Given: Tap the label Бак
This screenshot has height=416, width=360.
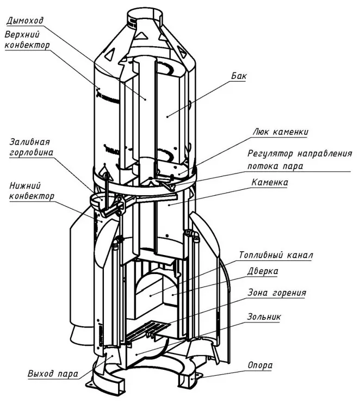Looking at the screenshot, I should pos(238,76).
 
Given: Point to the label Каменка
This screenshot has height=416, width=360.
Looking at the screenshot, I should pos(269,182).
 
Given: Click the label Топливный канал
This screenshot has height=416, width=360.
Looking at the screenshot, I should pos(276,254).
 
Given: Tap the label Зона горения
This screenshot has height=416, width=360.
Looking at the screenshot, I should pos(276,293).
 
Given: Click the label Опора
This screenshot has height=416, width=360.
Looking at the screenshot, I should pos(259,365).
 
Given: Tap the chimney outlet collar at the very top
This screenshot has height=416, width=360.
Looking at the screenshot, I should pos(142,20).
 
